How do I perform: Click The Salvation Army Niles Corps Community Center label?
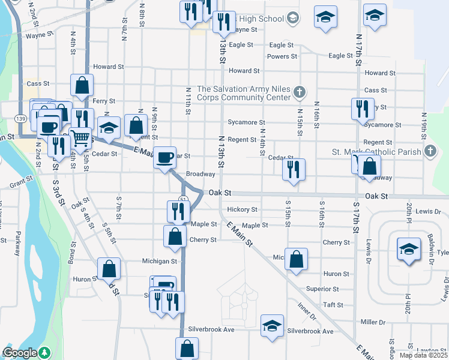(243, 92)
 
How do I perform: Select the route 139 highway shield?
(20, 118)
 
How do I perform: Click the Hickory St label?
(243, 210)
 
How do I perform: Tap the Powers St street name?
(282, 56)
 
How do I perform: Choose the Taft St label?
(327, 305)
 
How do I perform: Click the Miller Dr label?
(373, 322)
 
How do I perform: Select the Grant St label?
(20, 179)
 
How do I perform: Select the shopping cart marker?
(80, 137)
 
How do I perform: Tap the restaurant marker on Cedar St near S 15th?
(294, 169)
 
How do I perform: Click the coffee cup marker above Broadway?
(165, 158)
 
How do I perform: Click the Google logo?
(20, 353)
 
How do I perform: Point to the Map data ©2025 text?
(423, 355)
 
